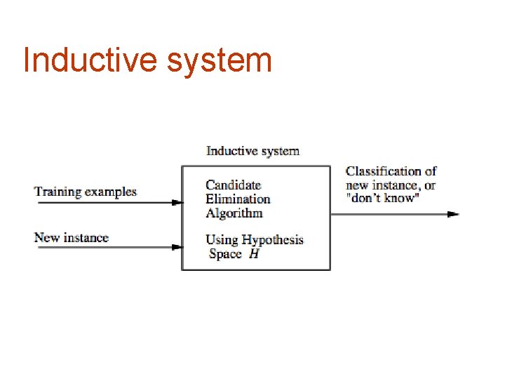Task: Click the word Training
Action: [x=58, y=192]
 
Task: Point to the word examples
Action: [x=111, y=192]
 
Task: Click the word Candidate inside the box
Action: [x=233, y=185]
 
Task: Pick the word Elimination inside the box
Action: [x=238, y=199]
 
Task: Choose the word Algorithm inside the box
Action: [x=234, y=213]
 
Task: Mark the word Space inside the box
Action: [x=225, y=254]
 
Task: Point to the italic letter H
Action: [x=254, y=254]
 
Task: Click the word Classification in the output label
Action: [x=384, y=171]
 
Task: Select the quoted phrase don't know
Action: [x=382, y=199]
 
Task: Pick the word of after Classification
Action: [x=430, y=171]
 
